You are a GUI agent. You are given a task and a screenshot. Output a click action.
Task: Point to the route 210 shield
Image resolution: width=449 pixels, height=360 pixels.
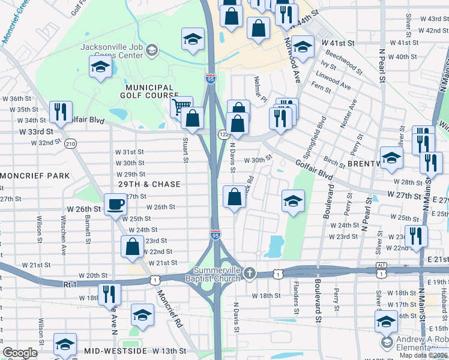[71, 143]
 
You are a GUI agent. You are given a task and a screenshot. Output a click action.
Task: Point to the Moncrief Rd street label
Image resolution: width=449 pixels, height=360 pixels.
[169, 309]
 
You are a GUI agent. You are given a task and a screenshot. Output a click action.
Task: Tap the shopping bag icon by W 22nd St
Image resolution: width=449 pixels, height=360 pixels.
[132, 248]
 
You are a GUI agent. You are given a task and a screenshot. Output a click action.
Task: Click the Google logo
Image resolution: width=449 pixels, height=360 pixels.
[20, 353]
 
